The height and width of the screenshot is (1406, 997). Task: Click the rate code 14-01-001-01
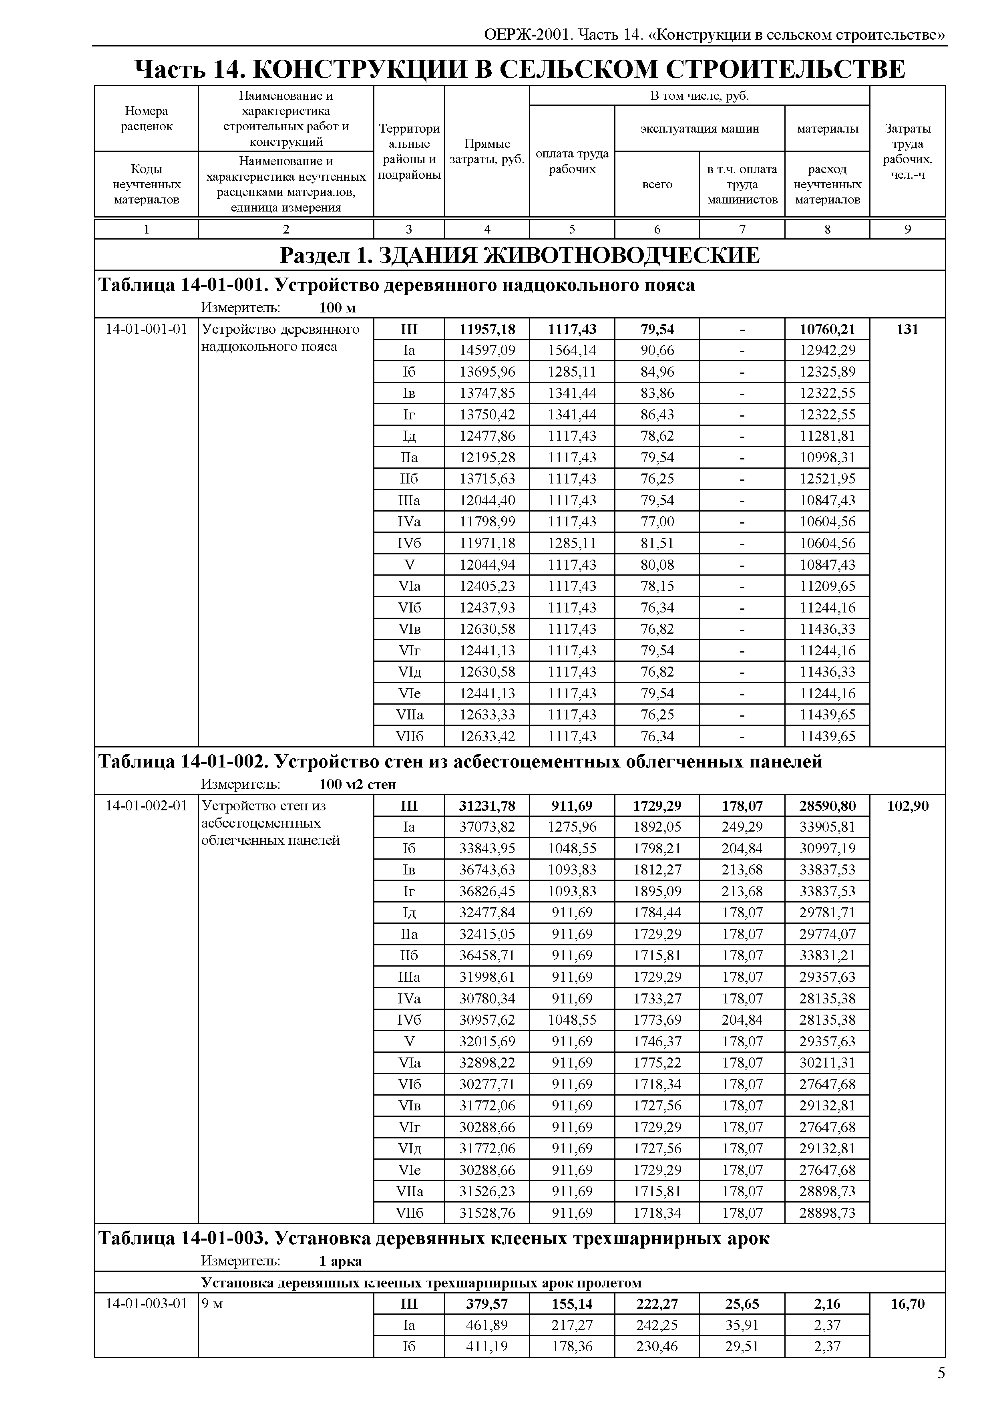[x=146, y=329]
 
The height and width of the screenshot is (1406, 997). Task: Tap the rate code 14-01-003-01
[x=146, y=1304]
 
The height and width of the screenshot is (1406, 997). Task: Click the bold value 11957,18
[x=487, y=329]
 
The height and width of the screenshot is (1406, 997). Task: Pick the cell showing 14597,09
[x=487, y=351]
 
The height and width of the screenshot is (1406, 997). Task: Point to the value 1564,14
[x=572, y=351]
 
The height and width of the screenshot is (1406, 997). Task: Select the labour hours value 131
[x=907, y=329]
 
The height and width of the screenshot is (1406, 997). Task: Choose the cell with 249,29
[x=742, y=827]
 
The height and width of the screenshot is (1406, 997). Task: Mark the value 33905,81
[x=827, y=827]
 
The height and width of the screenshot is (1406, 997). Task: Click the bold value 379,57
[x=487, y=1304]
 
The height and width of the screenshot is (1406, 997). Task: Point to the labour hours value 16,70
[x=907, y=1304]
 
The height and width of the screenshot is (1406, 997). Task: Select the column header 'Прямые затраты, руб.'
[x=487, y=152]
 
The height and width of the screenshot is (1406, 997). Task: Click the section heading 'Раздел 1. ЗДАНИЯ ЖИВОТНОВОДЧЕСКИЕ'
[x=519, y=255]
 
